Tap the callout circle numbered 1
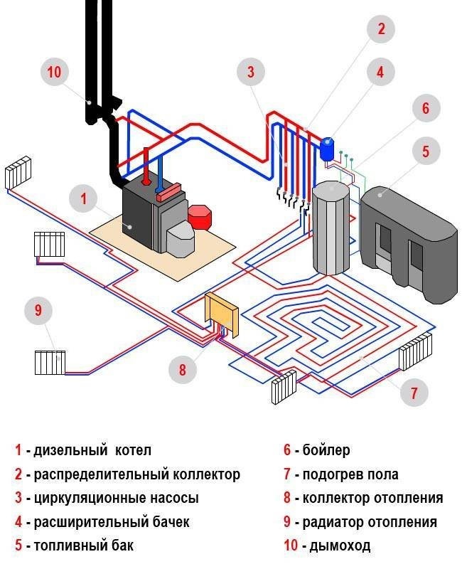84,198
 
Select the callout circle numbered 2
381,29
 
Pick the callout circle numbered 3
251,72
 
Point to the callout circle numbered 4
380,72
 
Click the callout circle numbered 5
426,151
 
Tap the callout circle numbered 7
414,391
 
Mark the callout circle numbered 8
182,370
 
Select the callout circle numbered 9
38,311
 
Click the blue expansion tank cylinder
327,148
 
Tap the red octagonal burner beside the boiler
200,216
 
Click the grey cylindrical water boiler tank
331,228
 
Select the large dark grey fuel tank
407,238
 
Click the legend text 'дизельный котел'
88,450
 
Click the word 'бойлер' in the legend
326,450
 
